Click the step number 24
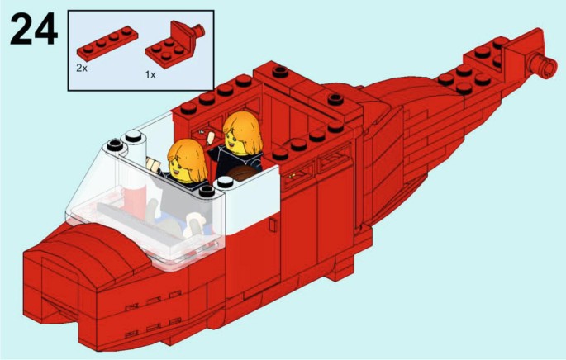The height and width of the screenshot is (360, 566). [34, 29]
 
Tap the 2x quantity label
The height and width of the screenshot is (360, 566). [82, 68]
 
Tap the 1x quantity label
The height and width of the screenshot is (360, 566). [150, 75]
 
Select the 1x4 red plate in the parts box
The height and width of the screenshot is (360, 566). [107, 42]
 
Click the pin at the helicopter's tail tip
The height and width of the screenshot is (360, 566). [542, 65]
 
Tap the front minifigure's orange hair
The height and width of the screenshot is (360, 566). [188, 159]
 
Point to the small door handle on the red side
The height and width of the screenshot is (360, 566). [273, 225]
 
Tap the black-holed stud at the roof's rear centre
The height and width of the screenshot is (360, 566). [335, 98]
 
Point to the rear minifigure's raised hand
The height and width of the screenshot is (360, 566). [211, 137]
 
